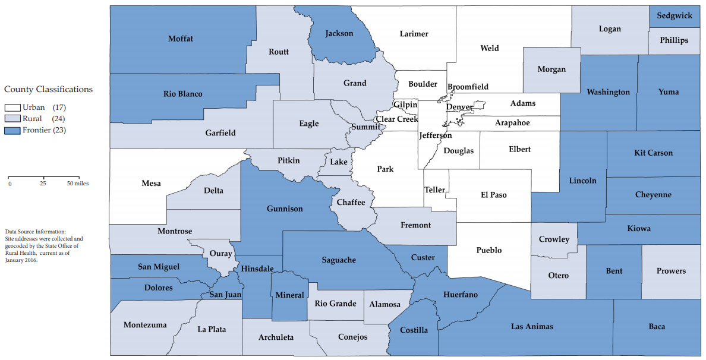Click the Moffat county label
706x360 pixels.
coord(181,39)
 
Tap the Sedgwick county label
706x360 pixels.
coord(674,16)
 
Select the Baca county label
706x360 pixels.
coord(657,327)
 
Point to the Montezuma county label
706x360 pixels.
coord(145,325)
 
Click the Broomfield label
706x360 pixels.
coord(468,87)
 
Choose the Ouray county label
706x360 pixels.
coord(221,254)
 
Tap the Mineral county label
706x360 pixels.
coord(290,295)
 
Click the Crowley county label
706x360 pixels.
coord(554,240)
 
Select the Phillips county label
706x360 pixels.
coord(674,40)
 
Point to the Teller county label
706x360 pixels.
coord(435,190)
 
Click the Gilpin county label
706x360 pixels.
coord(405,105)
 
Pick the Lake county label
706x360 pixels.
coord(339,162)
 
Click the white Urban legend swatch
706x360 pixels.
coord(12,108)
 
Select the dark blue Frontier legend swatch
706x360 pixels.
coord(12,130)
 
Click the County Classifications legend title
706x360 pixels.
coord(48,90)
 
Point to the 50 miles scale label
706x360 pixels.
coord(77,184)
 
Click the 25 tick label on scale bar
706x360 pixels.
coord(43,184)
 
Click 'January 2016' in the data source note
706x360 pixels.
coord(21,260)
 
